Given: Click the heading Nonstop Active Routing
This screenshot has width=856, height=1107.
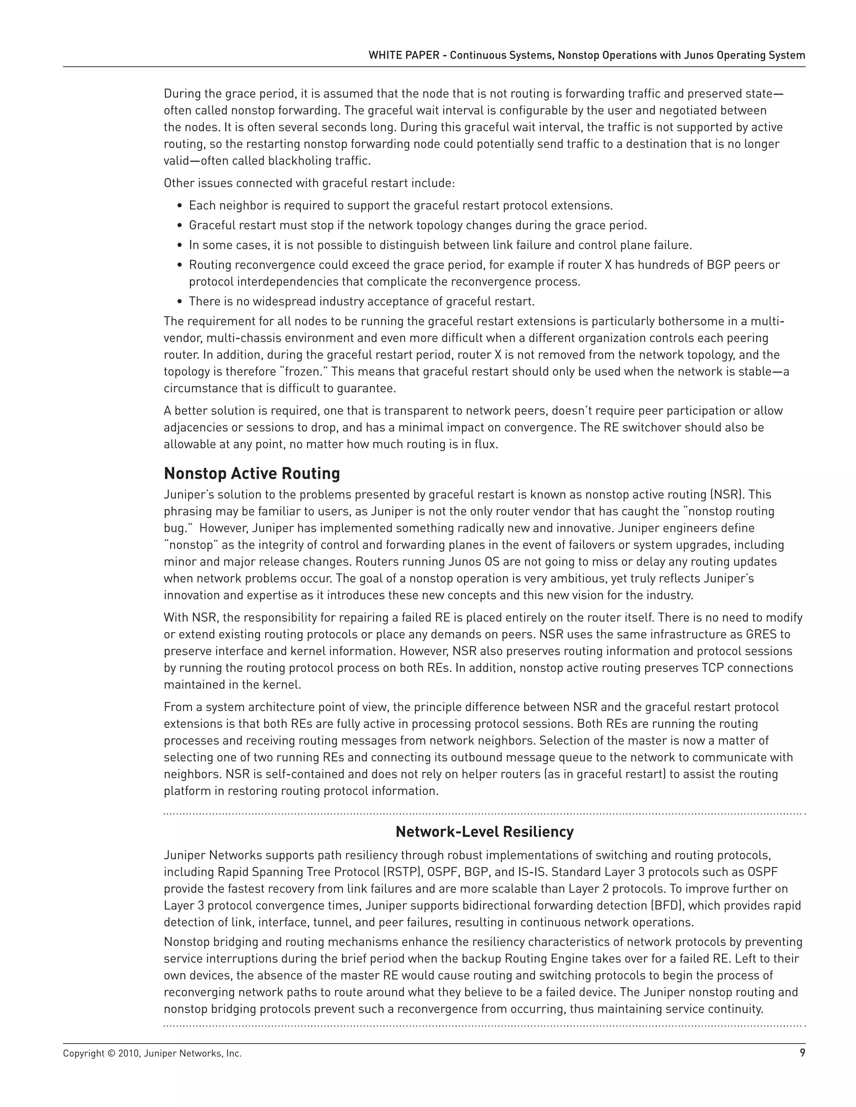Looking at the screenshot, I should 252,473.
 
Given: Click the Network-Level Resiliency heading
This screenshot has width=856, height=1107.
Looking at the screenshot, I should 484,832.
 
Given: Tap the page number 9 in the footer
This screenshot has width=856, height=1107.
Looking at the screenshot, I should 802,1053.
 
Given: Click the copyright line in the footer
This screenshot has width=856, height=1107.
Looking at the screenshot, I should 152,1053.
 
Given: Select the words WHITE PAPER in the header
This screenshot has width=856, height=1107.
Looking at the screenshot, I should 404,55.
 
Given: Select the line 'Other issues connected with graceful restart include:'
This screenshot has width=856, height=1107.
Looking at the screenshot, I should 309,183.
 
